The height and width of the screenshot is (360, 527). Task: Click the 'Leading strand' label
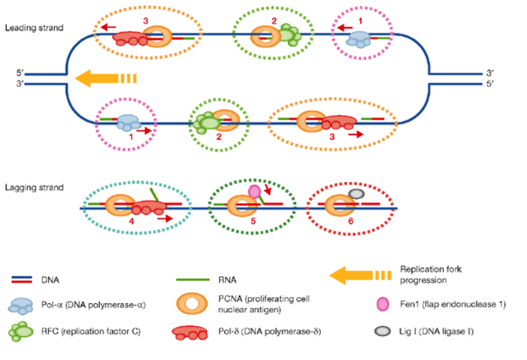(x=33, y=28)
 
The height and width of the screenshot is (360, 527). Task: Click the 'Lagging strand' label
(x=34, y=186)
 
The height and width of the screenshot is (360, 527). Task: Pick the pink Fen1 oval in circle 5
(x=254, y=192)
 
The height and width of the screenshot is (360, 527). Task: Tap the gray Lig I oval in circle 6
(x=357, y=194)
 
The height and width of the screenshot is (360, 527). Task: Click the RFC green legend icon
(x=25, y=329)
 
